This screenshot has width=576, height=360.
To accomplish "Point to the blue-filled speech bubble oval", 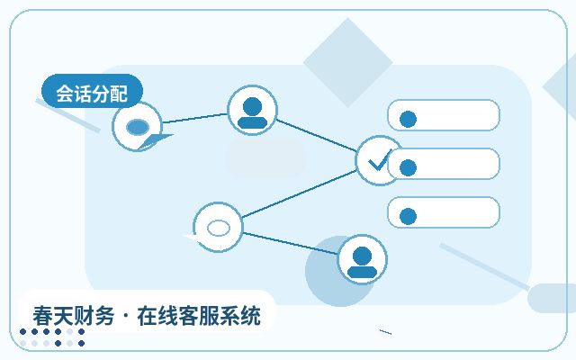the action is (138, 127).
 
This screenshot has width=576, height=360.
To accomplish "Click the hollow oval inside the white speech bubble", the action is (219, 228).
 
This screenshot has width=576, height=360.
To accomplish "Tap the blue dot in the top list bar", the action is (408, 119).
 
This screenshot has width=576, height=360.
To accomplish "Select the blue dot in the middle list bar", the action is (408, 168).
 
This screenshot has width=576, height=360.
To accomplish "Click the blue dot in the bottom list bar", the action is (408, 216).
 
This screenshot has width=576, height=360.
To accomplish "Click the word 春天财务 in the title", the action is (74, 316).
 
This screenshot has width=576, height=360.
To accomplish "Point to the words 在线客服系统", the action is (199, 316).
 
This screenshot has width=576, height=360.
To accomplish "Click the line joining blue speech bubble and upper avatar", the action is (194, 118).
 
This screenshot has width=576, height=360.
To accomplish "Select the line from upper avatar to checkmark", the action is (316, 135).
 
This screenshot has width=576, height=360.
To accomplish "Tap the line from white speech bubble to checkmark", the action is (299, 194).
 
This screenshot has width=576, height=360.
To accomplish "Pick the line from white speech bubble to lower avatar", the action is (290, 243).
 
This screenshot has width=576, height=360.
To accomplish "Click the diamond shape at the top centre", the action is (347, 62).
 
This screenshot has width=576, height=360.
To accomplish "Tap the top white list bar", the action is (444, 115).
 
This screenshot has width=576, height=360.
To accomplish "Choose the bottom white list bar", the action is (444, 212).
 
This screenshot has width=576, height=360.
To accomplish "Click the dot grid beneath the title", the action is (52, 337).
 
